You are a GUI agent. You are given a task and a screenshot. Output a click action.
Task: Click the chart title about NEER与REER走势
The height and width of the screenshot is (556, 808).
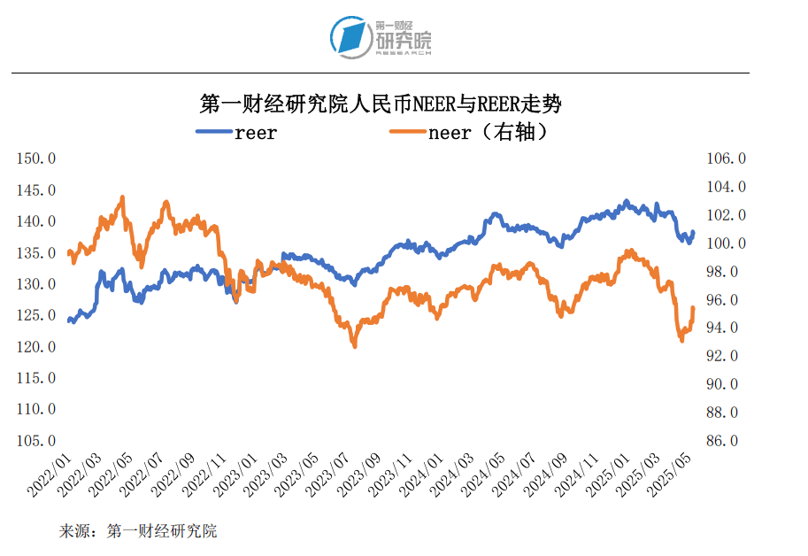pos(381,104)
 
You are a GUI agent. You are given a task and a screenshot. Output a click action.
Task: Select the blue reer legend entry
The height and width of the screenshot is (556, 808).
pos(237,133)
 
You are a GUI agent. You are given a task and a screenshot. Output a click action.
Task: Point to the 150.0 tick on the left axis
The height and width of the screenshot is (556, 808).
pos(37,158)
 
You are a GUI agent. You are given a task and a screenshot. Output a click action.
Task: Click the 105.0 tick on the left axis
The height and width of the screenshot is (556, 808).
pos(37,441)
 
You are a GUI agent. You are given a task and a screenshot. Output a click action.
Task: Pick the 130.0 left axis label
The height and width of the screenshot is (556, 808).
pos(37,284)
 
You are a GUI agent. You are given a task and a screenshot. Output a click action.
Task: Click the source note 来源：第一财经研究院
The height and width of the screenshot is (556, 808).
pos(138,531)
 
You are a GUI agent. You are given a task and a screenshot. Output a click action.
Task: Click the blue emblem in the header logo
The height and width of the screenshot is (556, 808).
pos(350,37)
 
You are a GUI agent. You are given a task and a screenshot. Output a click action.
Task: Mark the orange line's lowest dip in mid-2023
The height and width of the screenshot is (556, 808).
pos(355,345)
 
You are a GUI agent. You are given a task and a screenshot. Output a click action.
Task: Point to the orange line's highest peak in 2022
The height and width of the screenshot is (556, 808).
pos(122,197)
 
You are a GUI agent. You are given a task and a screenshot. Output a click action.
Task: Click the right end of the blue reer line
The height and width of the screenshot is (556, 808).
pos(693,232)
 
